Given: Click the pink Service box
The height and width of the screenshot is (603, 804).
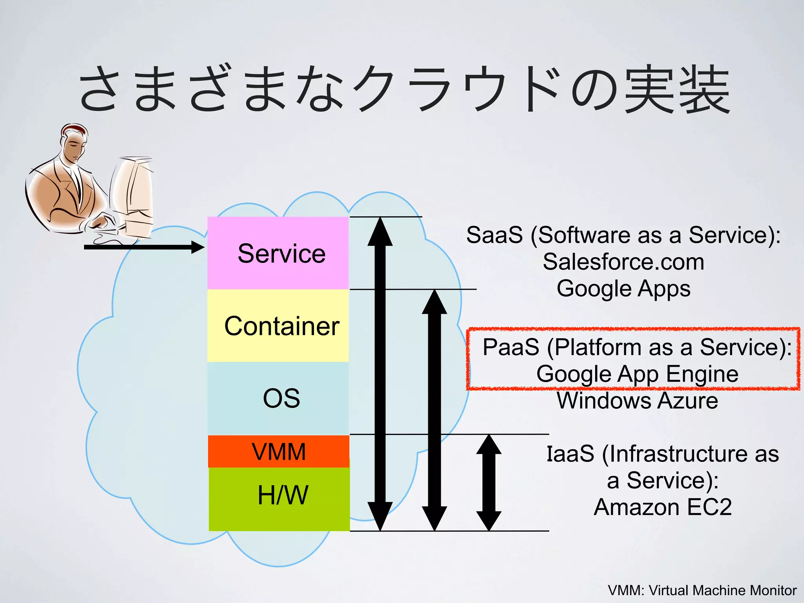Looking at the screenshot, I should [x=278, y=253].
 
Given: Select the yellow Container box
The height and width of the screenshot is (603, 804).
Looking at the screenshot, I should [x=278, y=326].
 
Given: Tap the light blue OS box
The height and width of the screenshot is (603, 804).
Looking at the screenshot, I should [x=278, y=398].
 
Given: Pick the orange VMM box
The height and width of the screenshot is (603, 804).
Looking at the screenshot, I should [x=279, y=451].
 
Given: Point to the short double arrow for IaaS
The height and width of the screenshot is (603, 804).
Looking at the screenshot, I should [x=489, y=483].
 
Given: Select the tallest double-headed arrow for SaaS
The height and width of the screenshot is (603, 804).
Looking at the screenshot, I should [x=380, y=373].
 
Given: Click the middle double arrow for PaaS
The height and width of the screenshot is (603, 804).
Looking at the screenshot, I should [x=435, y=410].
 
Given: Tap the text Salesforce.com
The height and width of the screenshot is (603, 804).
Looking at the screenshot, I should [x=623, y=262].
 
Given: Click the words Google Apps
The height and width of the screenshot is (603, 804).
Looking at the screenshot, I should [x=623, y=289].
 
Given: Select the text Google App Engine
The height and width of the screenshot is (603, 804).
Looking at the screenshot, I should [x=637, y=374].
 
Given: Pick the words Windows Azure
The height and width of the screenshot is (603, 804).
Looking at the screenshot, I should [x=637, y=401].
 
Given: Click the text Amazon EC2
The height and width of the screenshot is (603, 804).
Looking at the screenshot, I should [x=663, y=507].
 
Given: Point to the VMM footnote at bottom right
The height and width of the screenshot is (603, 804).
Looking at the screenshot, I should [x=702, y=590].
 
